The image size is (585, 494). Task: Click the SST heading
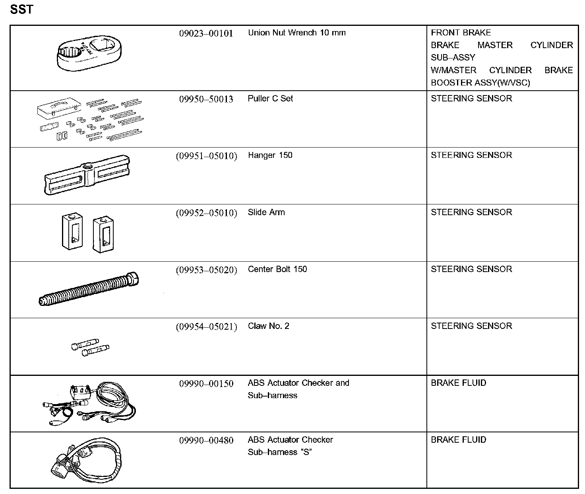click(x=21, y=9)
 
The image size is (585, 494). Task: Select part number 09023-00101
click(x=206, y=33)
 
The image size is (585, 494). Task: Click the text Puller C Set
click(x=270, y=99)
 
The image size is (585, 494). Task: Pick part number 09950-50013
click(x=206, y=99)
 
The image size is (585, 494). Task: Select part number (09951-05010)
click(x=206, y=156)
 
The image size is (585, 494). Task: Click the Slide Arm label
click(x=266, y=212)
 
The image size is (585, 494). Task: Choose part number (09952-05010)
click(x=206, y=213)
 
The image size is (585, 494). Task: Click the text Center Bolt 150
click(x=277, y=269)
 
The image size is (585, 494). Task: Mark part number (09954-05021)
click(x=206, y=327)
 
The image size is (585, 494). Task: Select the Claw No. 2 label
click(x=269, y=326)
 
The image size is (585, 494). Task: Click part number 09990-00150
click(x=206, y=384)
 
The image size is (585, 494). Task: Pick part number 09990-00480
click(x=206, y=441)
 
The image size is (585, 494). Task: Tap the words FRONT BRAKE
click(x=461, y=33)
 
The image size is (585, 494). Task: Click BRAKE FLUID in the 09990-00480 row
click(x=458, y=440)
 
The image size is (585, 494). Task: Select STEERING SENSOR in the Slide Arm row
click(x=471, y=212)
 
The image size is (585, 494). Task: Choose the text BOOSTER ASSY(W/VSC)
click(x=480, y=83)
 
